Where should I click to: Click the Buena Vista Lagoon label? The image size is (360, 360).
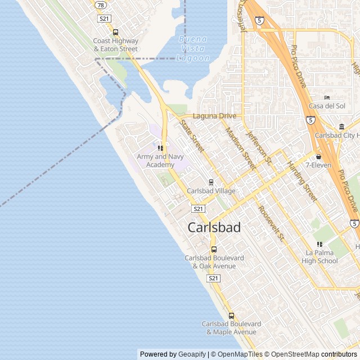point(193,48)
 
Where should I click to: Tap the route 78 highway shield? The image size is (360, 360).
point(100,4)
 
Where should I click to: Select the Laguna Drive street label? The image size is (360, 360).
point(214,116)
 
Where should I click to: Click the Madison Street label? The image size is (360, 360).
point(240,148)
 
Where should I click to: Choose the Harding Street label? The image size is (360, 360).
point(302,181)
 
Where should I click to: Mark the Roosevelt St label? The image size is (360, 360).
point(271,223)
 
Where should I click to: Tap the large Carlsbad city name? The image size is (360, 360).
point(214,228)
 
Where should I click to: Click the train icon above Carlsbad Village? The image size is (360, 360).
point(211,182)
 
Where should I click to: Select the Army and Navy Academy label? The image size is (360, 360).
point(160,160)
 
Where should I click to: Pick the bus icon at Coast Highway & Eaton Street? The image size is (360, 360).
point(116,32)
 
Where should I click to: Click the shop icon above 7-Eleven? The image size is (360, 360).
point(318,156)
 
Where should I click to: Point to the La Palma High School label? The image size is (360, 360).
point(319,256)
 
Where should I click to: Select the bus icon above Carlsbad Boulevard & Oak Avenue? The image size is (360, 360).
point(214,249)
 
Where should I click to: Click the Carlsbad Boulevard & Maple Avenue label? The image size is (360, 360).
point(231,328)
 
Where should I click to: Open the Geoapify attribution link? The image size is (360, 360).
point(192,354)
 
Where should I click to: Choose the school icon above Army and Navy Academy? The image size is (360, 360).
point(161,148)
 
